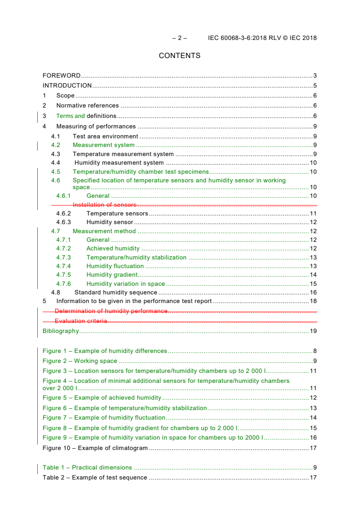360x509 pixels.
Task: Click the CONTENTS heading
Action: (179, 56)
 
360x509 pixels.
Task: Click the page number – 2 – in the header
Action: (179, 38)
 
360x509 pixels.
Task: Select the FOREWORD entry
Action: (61, 76)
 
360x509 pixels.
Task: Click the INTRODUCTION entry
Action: (67, 86)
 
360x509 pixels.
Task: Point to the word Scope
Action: (65, 96)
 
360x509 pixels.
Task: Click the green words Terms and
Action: (70, 116)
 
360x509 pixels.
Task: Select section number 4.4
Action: (55, 163)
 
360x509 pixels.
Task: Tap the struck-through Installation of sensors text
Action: (104, 205)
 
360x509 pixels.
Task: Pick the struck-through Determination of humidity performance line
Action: (111, 311)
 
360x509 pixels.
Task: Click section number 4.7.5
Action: (64, 275)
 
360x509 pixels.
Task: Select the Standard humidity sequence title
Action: (116, 293)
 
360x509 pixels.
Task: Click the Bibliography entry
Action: (60, 331)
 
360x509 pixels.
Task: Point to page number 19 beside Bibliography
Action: (313, 331)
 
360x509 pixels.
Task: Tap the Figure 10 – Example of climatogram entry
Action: (95, 448)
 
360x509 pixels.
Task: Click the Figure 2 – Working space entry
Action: (80, 361)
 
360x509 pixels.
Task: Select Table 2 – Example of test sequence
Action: (94, 478)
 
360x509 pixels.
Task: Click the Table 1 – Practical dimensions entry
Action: (87, 468)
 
